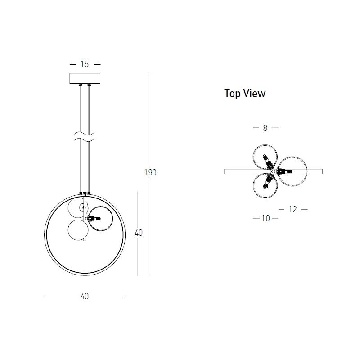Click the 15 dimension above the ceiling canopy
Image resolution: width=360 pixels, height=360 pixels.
coord(85,64)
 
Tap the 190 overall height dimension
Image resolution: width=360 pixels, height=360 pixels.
coord(151,172)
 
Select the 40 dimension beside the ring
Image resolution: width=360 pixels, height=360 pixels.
coord(139,233)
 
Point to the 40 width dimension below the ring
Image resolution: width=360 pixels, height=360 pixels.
coord(85,296)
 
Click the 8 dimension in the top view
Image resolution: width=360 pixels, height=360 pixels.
coord(265,128)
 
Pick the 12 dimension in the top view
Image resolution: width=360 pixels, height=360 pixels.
coord(293,209)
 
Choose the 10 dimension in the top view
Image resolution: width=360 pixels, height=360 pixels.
coord(266,218)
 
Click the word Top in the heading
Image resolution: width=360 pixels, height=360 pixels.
coord(232,94)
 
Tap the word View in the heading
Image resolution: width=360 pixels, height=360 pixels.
coord(254,93)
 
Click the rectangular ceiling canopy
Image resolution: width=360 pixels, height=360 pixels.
coord(85,78)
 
